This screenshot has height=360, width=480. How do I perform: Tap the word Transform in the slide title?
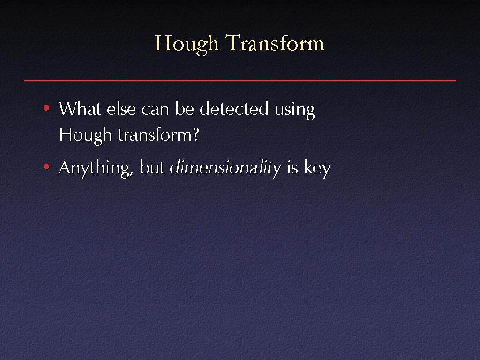pos(275,43)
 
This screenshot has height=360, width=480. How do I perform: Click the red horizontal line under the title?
pos(240,80)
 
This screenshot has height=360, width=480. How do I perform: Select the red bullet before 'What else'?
pos(46,108)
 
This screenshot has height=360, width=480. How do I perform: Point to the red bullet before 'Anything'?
pos(46,166)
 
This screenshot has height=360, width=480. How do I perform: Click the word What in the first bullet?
pos(80,108)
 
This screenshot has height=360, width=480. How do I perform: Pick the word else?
pos(121,108)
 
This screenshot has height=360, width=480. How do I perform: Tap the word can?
pos(155,110)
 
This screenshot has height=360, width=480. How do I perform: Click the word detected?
pos(234,108)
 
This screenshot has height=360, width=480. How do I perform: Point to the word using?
pos(294,111)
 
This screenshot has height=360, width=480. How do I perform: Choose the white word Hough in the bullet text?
pos(85,136)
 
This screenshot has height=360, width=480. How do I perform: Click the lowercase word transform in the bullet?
pos(155,135)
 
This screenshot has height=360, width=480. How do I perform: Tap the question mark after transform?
pos(195,135)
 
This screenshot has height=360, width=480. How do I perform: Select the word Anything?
pos(95,169)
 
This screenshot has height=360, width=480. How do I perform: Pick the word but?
pos(152,167)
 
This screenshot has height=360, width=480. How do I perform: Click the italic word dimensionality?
pos(225,169)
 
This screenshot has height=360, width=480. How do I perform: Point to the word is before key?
pos(292,167)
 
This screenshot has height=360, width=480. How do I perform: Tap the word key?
pos(317,169)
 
